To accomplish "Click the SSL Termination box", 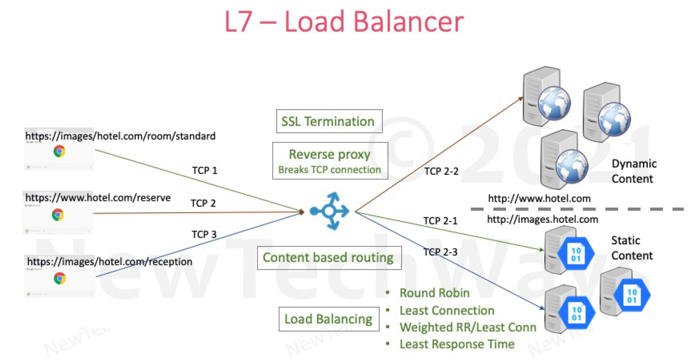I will tap(327, 122).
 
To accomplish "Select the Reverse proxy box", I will tap(330, 161).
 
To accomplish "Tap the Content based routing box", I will tap(328, 258).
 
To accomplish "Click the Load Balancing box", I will tap(328, 319).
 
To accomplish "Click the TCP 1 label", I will tap(205, 171).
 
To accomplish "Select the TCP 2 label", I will tap(203, 203).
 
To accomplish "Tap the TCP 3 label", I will tap(204, 235).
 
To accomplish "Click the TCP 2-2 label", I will tap(441, 171).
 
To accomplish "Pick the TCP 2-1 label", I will tap(440, 221).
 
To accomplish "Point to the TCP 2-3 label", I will tap(441, 252).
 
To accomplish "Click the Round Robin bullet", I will tap(434, 293).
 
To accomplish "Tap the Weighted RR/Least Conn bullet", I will tap(467, 327).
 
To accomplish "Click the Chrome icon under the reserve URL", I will tap(58, 215).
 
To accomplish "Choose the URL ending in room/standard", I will tap(121, 136).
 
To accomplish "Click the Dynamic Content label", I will tap(634, 171).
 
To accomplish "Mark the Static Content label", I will tap(632, 248).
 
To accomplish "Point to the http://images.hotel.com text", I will tap(542, 219).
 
